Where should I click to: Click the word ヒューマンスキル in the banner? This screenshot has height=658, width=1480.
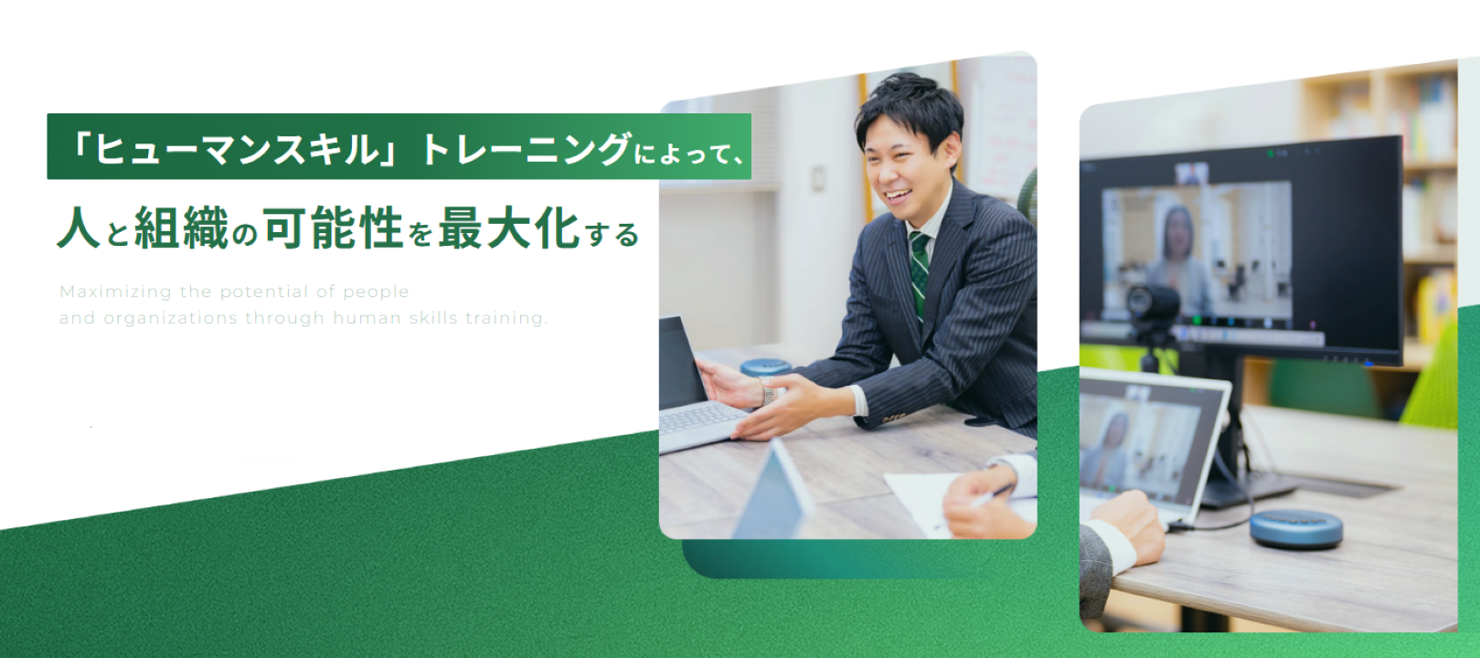click(x=237, y=147)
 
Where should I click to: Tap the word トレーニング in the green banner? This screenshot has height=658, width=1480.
click(x=527, y=148)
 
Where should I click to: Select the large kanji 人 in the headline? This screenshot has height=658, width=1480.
click(x=79, y=228)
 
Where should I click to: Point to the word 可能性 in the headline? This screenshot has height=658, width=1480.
click(x=334, y=228)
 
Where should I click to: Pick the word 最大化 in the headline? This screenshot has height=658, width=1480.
click(x=509, y=228)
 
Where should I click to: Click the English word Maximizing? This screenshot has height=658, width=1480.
click(x=115, y=292)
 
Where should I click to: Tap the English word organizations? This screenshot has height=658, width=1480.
click(x=170, y=318)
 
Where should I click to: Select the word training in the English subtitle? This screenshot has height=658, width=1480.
click(x=506, y=318)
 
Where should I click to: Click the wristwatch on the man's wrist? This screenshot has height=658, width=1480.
click(x=768, y=395)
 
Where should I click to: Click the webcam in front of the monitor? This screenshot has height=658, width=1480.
click(x=1153, y=304)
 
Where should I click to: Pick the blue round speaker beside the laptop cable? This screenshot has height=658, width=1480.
click(x=1295, y=528)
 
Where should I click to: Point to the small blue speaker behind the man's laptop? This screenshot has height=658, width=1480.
click(x=764, y=367)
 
